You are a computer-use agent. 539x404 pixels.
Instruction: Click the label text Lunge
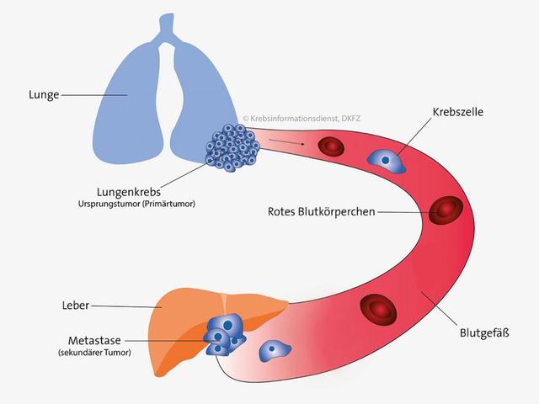(x=42, y=95)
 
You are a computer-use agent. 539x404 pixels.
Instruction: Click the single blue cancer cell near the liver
(x=274, y=348)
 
